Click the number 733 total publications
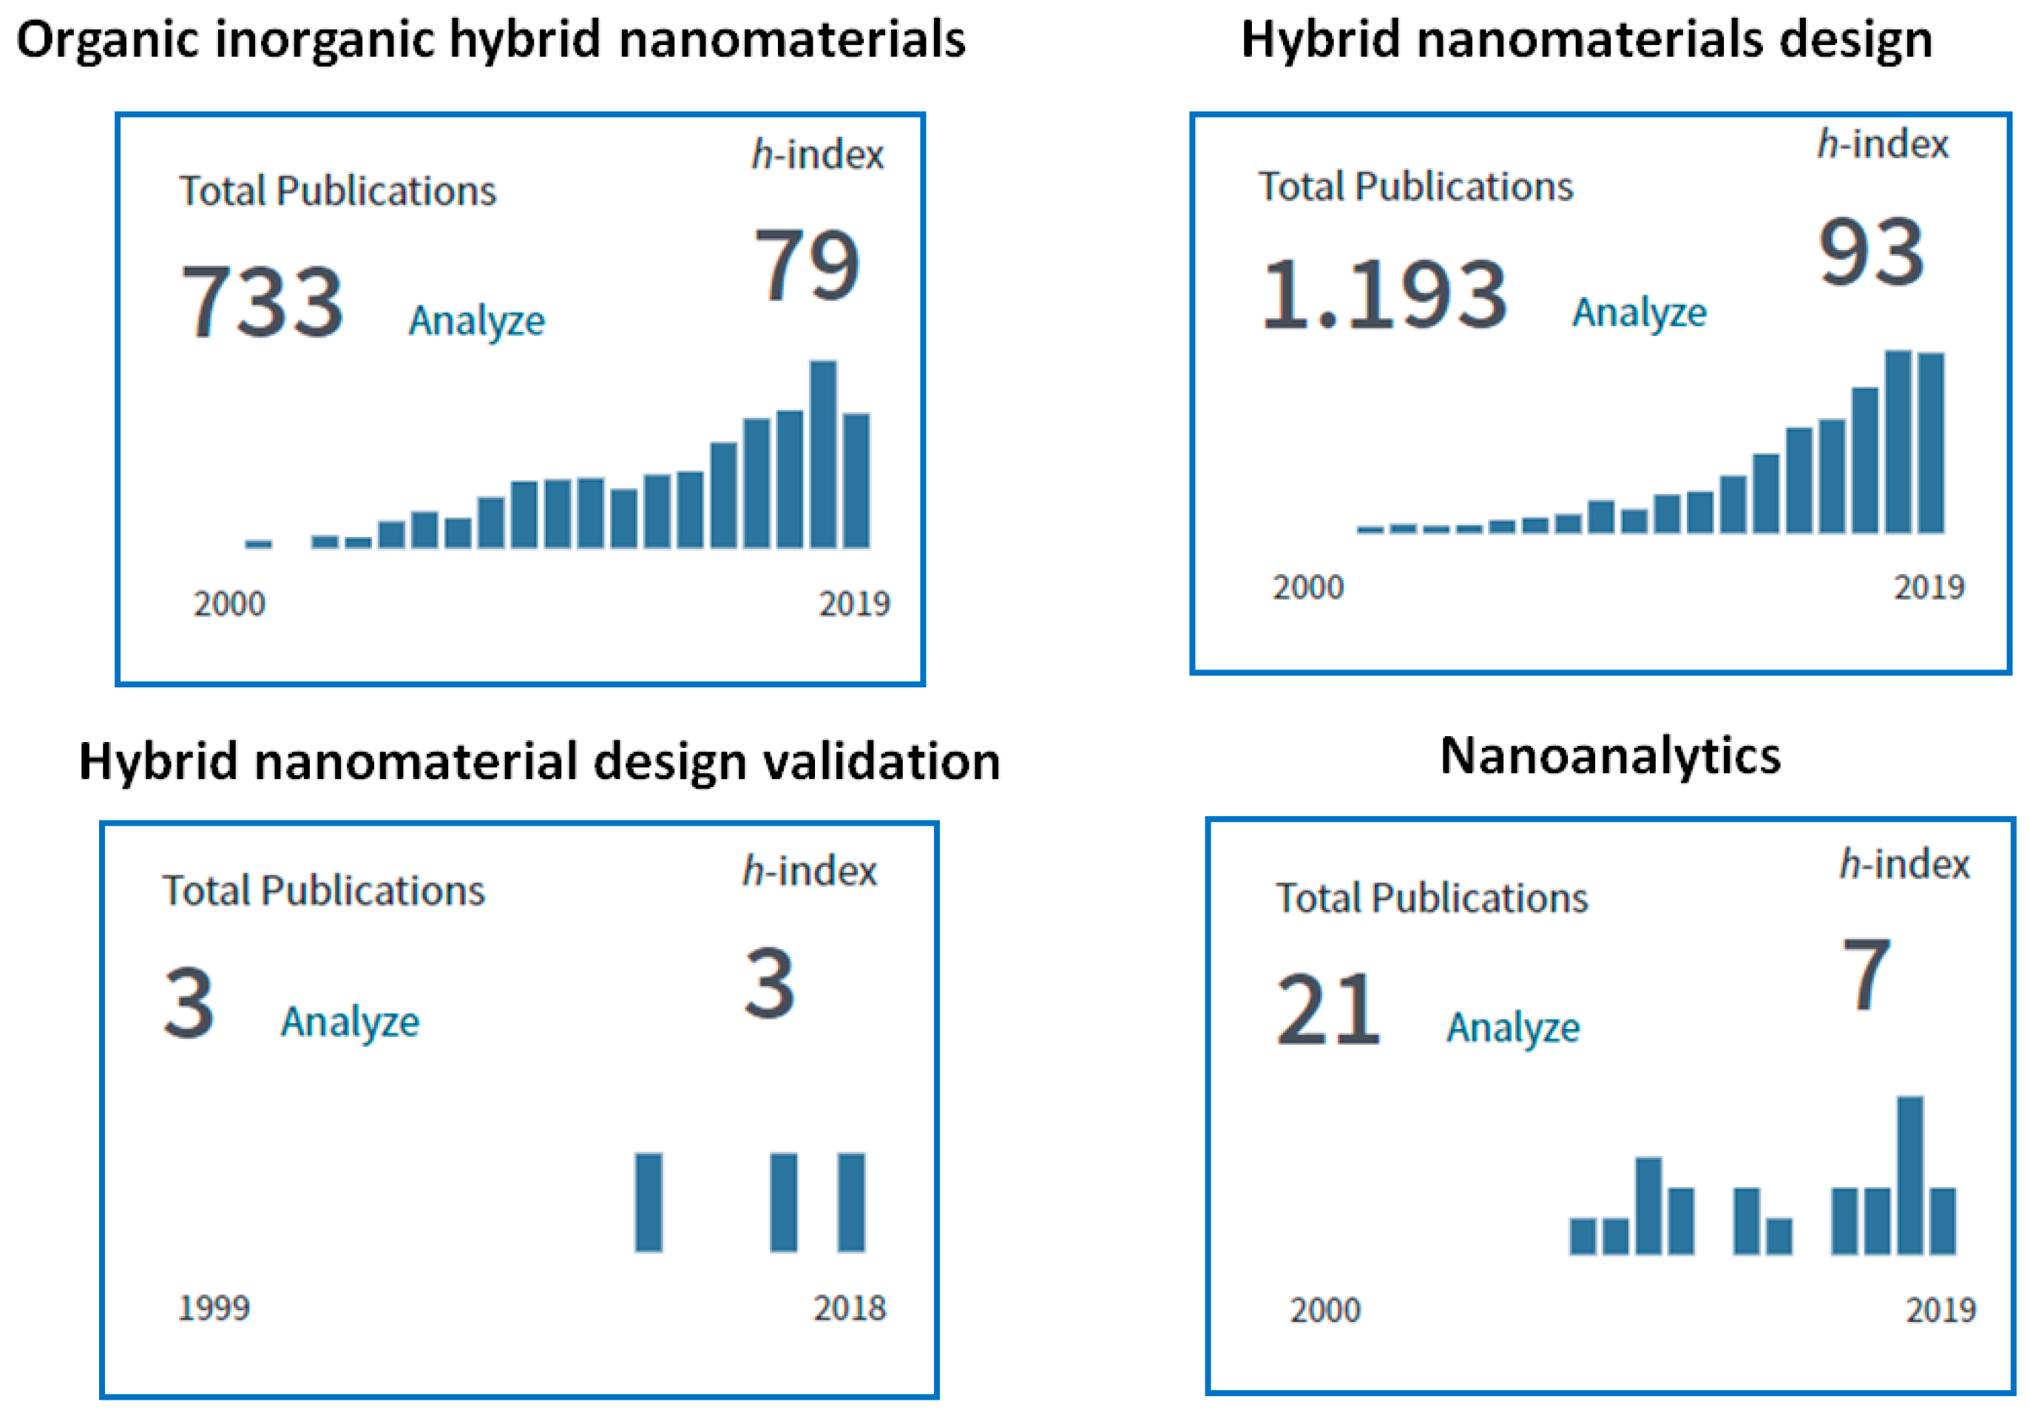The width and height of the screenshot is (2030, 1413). [262, 303]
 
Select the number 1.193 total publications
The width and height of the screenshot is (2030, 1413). [1384, 294]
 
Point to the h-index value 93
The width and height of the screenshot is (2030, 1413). [1871, 253]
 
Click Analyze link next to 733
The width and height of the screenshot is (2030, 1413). [476, 320]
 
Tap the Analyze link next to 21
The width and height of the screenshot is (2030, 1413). [1513, 1028]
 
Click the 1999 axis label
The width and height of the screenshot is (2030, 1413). [214, 1308]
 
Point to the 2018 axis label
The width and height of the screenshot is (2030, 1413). [849, 1308]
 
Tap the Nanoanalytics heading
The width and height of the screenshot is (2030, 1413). [1610, 757]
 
